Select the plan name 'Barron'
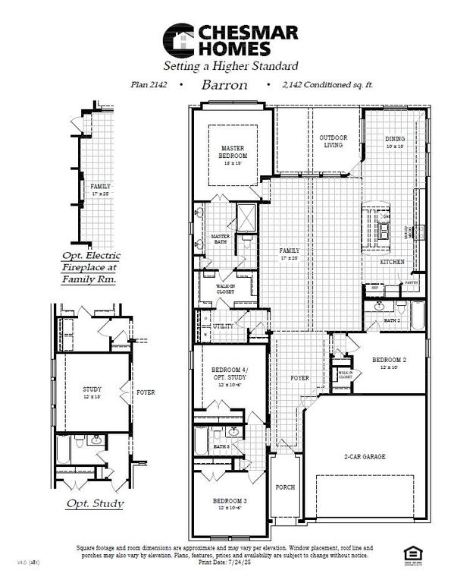point(224,84)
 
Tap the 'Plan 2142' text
point(148,85)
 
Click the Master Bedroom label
point(235,152)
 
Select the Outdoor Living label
point(332,140)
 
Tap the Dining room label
point(395,140)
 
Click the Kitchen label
point(392,262)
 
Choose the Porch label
point(285,487)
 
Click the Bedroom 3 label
point(228,502)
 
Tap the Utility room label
point(223,326)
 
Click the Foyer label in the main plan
point(300,377)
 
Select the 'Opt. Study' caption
point(92,503)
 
